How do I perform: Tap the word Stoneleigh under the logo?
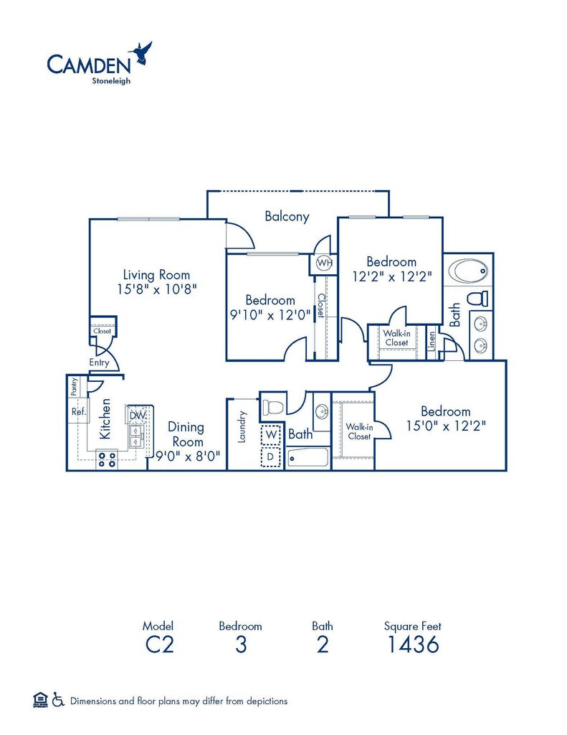coord(110,80)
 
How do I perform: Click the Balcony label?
coord(287,216)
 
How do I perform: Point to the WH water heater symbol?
coord(324,263)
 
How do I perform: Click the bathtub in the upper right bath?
coord(469,272)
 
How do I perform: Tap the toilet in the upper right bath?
coord(478,298)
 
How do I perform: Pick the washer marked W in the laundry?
coord(271,434)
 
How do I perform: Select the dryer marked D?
coord(271,456)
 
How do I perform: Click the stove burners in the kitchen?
coord(107,459)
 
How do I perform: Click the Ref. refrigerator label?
coord(78,412)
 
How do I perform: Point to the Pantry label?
coord(75,387)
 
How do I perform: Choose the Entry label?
coord(100,362)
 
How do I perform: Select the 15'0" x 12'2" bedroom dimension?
coord(446,426)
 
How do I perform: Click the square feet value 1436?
coord(412,645)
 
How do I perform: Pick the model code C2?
coord(159,645)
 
